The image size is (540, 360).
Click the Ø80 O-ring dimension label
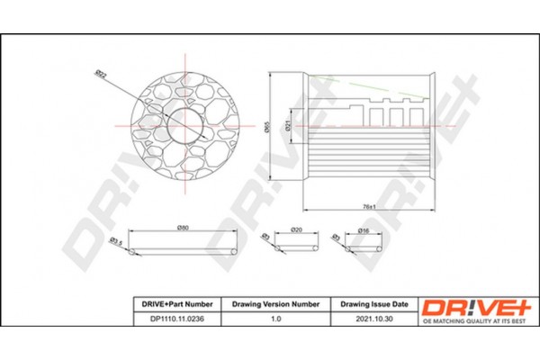pos(184,228)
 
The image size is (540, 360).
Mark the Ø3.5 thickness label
pos(115,241)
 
